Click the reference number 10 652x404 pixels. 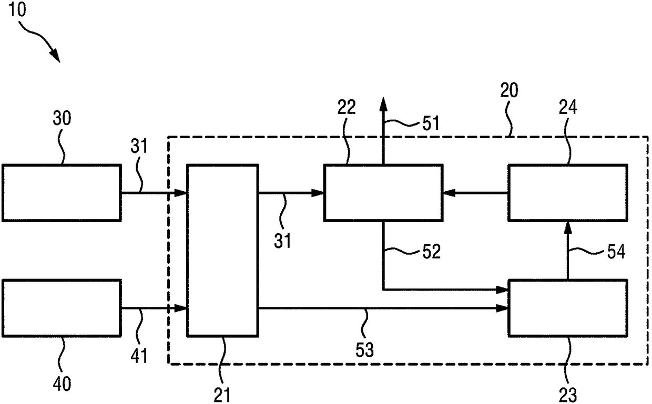pos(17,9)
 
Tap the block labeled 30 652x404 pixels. pos(62,193)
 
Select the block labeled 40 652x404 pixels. pos(62,308)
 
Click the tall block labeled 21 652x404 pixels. pos(222,251)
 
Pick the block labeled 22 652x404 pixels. pos(384,193)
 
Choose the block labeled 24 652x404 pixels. pos(568,193)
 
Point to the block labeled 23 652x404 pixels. pos(568,308)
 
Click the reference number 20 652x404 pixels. pos(509,90)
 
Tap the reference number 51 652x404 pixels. pos(431,123)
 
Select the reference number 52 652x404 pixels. pos(431,252)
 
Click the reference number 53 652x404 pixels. pos(364,350)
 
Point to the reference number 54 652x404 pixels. pos(616,252)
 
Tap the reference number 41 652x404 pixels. pos(139,356)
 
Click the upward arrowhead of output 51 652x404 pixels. pos(384,104)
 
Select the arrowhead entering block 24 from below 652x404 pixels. pos(568,228)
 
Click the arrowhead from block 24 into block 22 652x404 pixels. pos(449,193)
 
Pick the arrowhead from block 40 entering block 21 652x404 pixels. pos(180,308)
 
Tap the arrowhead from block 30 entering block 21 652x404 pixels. pos(180,193)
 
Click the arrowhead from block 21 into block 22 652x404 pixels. pos(318,193)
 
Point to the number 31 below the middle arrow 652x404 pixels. pos(282,241)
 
